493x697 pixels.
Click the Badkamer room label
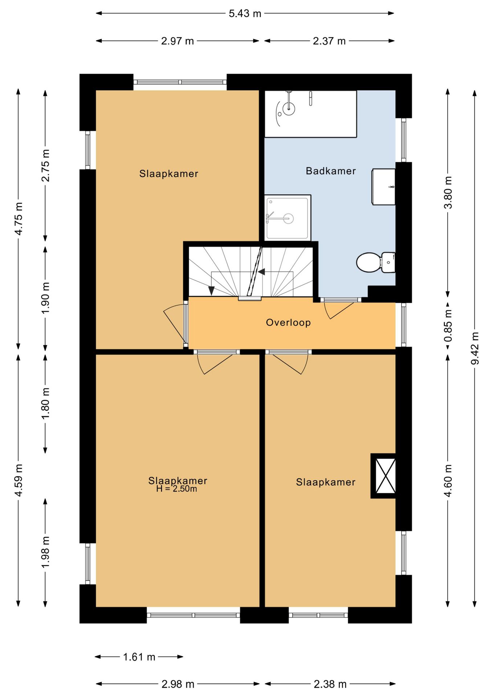pyautogui.click(x=331, y=171)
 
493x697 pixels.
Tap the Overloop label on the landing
pyautogui.click(x=288, y=322)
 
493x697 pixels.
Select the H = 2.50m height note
pyautogui.click(x=177, y=489)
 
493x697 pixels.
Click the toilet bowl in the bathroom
pyautogui.click(x=368, y=262)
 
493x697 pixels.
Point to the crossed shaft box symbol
pyautogui.click(x=385, y=476)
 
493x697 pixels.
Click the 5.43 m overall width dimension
pyautogui.click(x=245, y=13)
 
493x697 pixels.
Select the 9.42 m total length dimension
pyautogui.click(x=475, y=348)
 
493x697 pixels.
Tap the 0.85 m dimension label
pyautogui.click(x=448, y=325)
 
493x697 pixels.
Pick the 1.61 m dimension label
pyautogui.click(x=139, y=657)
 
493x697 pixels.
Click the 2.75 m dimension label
pyautogui.click(x=45, y=165)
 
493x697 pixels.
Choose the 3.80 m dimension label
pyautogui.click(x=448, y=192)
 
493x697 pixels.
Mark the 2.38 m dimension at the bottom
pyautogui.click(x=330, y=684)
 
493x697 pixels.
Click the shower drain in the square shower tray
pyautogui.click(x=289, y=219)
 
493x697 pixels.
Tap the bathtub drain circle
pyautogui.click(x=289, y=108)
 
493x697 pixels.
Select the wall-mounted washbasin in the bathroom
pyautogui.click(x=383, y=187)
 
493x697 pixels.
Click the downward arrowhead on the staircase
pyautogui.click(x=211, y=290)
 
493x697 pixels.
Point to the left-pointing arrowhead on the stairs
pyautogui.click(x=261, y=272)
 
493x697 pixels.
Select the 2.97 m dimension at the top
pyautogui.click(x=178, y=41)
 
